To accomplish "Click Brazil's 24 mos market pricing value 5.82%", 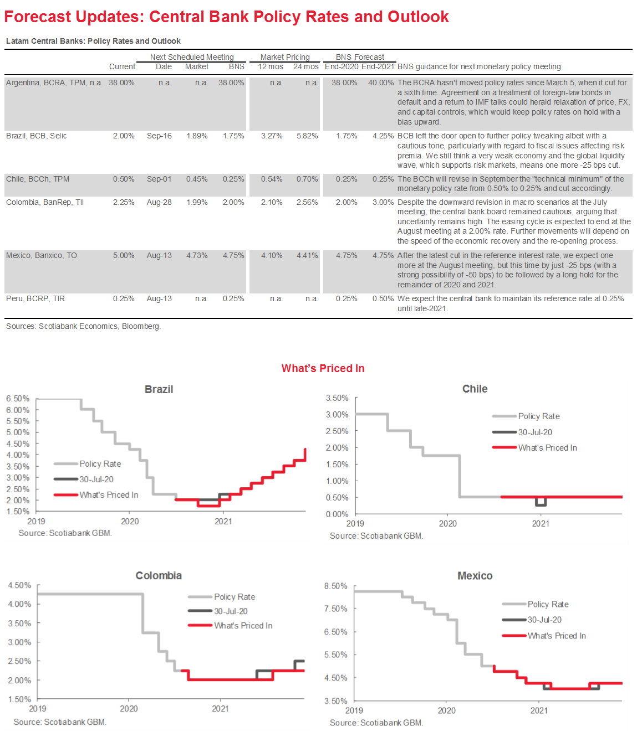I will (307, 136).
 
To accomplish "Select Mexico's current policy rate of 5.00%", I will (124, 255).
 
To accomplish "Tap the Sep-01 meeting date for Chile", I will (159, 179).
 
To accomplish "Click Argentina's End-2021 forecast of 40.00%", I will (381, 83).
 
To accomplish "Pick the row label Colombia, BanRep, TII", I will (45, 202).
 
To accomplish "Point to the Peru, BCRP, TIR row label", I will (35, 298).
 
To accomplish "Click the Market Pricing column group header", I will (285, 57).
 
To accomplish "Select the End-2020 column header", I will (342, 66).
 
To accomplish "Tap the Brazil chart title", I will (159, 389).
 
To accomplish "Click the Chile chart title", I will (475, 389).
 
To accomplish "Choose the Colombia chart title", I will (159, 575).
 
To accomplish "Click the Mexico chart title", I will (475, 576).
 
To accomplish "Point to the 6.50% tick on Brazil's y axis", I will (18, 399).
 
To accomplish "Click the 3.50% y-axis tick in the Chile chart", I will (337, 398).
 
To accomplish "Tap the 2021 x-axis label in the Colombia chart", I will (220, 708).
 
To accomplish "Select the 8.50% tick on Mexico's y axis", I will (336, 586).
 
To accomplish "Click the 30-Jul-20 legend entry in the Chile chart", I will (535, 432).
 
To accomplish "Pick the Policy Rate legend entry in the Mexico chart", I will (548, 604).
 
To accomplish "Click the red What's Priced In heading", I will (323, 368).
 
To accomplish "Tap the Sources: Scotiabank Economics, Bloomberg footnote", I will (83, 326).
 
